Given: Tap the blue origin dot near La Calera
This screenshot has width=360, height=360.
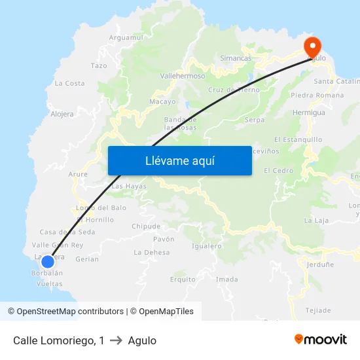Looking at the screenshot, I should pyautogui.click(x=47, y=261).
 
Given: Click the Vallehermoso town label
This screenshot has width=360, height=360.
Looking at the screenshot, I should pyautogui.click(x=183, y=76).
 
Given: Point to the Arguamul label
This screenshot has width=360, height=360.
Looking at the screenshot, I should pyautogui.click(x=126, y=38).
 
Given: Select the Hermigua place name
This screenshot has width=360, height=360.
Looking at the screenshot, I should pyautogui.click(x=309, y=113).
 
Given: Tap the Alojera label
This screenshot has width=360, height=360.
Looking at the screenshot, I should pyautogui.click(x=62, y=113).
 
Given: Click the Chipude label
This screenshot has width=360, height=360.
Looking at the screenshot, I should pyautogui.click(x=146, y=226).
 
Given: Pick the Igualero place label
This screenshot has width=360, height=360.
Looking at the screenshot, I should pyautogui.click(x=207, y=246).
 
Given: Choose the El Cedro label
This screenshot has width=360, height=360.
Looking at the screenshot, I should pyautogui.click(x=278, y=170).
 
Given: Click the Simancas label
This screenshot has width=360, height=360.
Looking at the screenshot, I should pyautogui.click(x=236, y=58).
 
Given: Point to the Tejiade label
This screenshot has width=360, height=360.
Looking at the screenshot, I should pyautogui.click(x=318, y=310).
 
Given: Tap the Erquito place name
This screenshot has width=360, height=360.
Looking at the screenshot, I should pyautogui.click(x=183, y=279).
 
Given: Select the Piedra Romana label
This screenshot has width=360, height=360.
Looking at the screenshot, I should pyautogui.click(x=317, y=96).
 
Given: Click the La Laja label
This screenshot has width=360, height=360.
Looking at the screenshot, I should pyautogui.click(x=317, y=221).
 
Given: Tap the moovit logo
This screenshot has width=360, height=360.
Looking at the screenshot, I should pyautogui.click(x=321, y=340).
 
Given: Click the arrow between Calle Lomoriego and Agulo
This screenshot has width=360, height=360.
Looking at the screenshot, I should pyautogui.click(x=116, y=340).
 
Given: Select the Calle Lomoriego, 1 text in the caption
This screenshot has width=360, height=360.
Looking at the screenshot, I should pyautogui.click(x=58, y=340).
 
